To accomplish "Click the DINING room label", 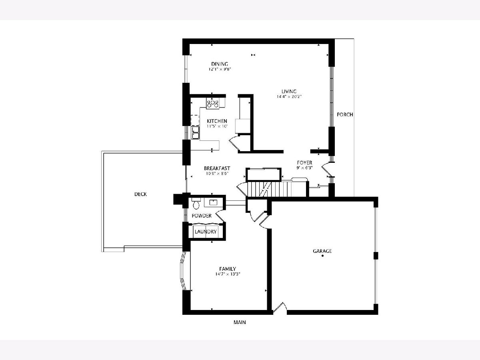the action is pyautogui.click(x=220, y=64).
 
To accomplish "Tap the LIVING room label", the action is pyautogui.click(x=289, y=91).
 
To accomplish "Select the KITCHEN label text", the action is pyautogui.click(x=217, y=121).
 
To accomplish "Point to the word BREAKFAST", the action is pyautogui.click(x=217, y=168).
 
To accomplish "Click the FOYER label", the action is pyautogui.click(x=304, y=163).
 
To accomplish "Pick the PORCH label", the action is pyautogui.click(x=345, y=114).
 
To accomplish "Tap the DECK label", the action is pyautogui.click(x=140, y=194).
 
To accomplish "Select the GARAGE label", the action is pyautogui.click(x=322, y=251).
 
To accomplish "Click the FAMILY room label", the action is pyautogui.click(x=228, y=269).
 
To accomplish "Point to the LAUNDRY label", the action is pyautogui.click(x=206, y=232).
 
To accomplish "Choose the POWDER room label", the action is pyautogui.click(x=202, y=216).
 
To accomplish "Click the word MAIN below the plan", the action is pyautogui.click(x=240, y=322).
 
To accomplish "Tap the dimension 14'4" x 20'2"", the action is pyautogui.click(x=289, y=97).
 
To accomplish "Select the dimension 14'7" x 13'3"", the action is pyautogui.click(x=228, y=274).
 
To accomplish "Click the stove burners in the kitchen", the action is pyautogui.click(x=213, y=103).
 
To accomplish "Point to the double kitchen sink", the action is pyautogui.click(x=195, y=132).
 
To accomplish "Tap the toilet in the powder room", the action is pyautogui.click(x=196, y=203).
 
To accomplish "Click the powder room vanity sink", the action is pyautogui.click(x=213, y=202).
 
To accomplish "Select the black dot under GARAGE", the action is pyautogui.click(x=322, y=256).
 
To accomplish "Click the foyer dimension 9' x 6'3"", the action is pyautogui.click(x=304, y=168).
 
